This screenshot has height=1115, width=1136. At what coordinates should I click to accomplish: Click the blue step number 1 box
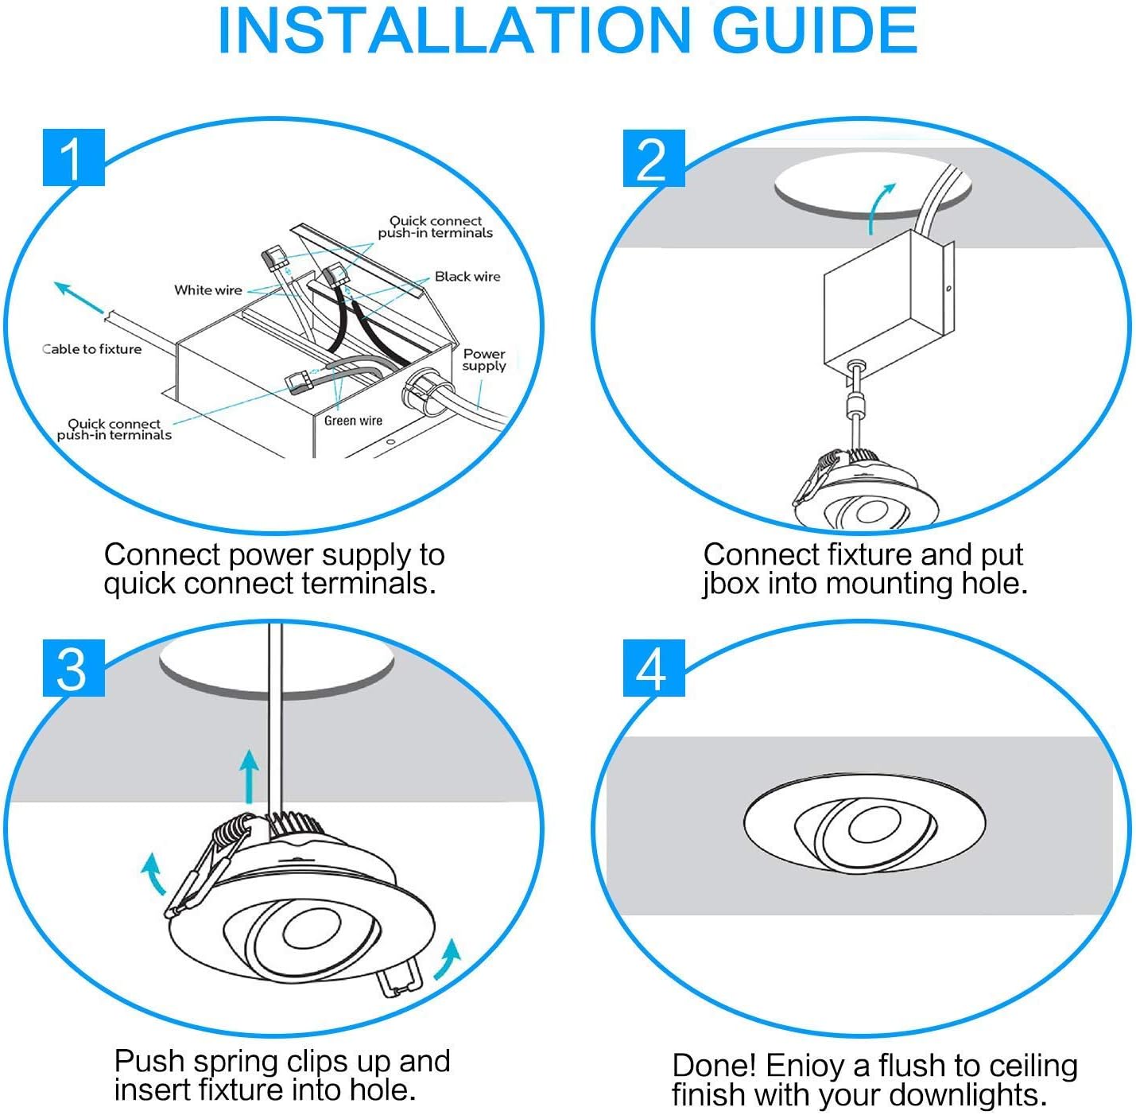pos(73,157)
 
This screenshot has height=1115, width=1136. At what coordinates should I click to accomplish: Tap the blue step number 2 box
pos(653,158)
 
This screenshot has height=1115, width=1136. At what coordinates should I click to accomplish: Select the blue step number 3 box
pos(73,668)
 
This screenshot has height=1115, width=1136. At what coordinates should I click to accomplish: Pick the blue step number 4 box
pos(653,668)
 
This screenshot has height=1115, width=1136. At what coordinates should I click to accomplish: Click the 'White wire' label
pos(207,290)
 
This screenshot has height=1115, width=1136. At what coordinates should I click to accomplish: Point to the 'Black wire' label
pos(467,277)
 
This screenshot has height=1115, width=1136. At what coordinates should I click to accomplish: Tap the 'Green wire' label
pos(353,421)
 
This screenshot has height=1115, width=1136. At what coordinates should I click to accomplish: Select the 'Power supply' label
pos(484,359)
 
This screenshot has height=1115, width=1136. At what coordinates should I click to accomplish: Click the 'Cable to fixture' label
pos(92,349)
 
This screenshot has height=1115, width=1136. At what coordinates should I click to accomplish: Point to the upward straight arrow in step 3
pos(250,775)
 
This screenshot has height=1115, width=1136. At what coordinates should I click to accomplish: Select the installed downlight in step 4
pos(864,828)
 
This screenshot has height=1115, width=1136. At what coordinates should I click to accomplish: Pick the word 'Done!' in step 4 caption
pos(714,1065)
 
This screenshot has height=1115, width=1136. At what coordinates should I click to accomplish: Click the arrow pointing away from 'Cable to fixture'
pos(78,298)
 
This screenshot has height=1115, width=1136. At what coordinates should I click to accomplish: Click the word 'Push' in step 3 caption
pos(149,1061)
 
